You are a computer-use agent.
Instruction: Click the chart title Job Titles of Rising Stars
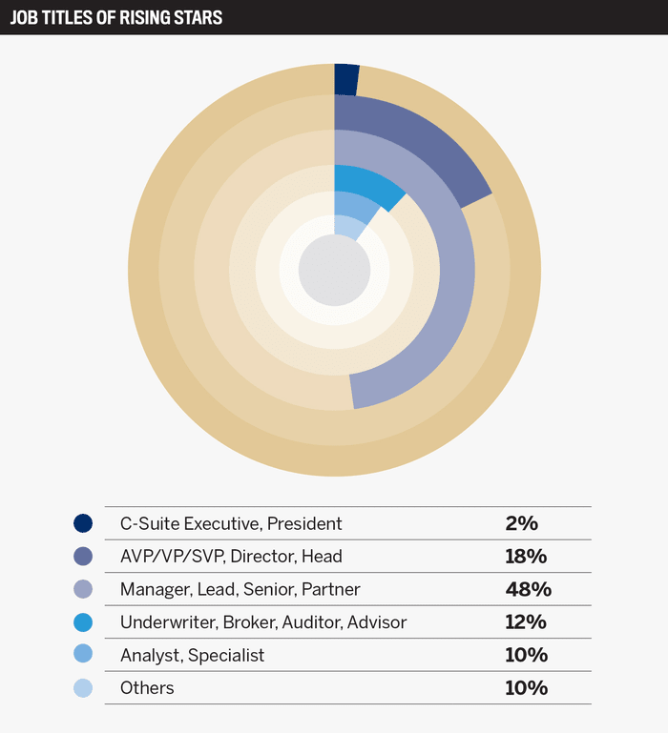[x=115, y=17]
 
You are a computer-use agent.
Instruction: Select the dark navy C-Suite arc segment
[x=345, y=79]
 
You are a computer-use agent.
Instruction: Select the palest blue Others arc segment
[x=345, y=227]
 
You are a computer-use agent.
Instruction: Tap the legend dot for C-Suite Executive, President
[x=83, y=523]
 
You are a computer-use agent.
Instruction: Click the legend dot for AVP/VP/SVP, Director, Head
[x=83, y=556]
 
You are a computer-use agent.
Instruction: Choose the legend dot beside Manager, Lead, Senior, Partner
[x=83, y=589]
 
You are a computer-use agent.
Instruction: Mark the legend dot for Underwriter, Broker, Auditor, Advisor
[x=83, y=622]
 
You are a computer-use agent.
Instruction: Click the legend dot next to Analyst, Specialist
[x=83, y=655]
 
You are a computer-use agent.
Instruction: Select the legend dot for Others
[x=83, y=687]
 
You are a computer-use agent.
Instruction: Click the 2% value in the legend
[x=522, y=523]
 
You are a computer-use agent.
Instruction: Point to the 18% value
[x=526, y=556]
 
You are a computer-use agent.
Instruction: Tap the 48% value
[x=529, y=589]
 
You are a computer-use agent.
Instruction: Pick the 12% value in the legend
[x=526, y=622]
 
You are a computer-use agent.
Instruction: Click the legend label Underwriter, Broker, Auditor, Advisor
[x=263, y=622]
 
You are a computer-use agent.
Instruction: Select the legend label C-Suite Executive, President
[x=231, y=523]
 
